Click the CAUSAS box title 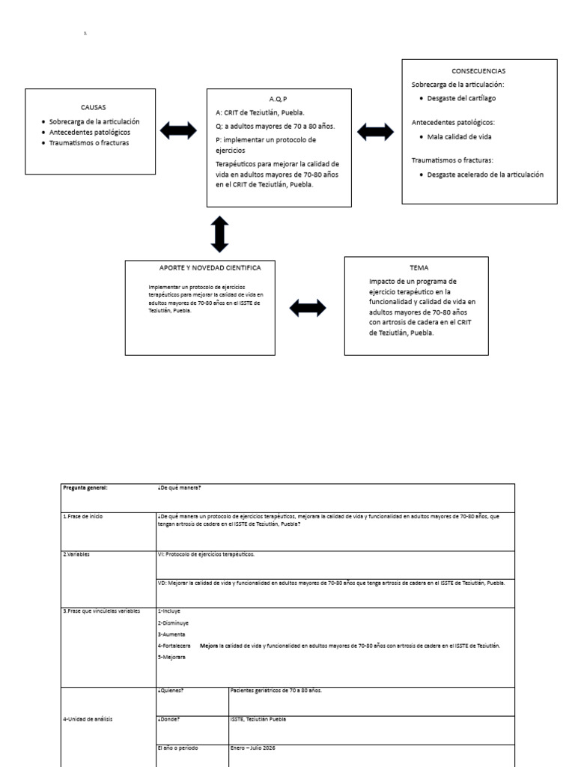pos(94,107)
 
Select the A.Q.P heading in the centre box pos(278,99)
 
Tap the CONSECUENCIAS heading pos(478,71)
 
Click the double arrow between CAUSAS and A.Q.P pos(180,132)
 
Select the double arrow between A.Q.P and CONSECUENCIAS pos(376,132)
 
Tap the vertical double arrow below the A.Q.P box pos(219,234)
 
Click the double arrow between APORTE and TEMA pos(307,307)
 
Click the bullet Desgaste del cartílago pos(461,98)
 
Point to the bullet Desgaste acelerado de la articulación pos(485,175)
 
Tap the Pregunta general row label pos(85,488)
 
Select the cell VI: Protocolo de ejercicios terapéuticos pos(206,554)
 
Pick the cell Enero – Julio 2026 pos(254,748)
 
